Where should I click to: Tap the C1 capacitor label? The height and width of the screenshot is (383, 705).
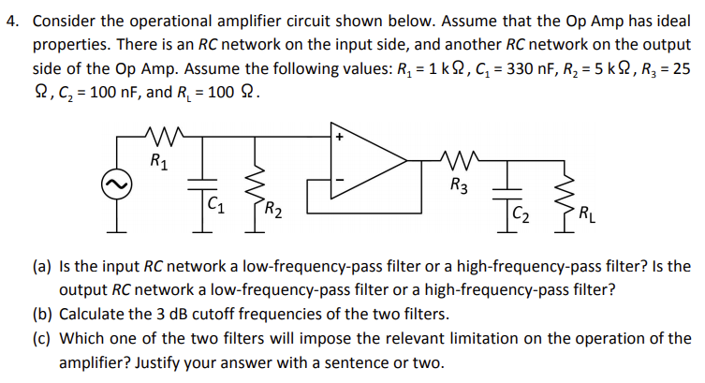pyautogui.click(x=215, y=204)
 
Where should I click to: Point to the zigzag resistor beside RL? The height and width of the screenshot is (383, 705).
pyautogui.click(x=567, y=199)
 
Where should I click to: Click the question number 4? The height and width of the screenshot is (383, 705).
pyautogui.click(x=13, y=22)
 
